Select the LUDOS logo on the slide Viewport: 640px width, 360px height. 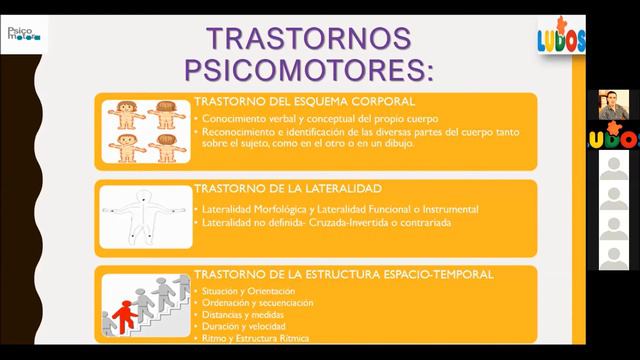pyautogui.click(x=561, y=38)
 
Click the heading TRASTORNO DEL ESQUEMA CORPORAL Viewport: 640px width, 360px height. pyautogui.click(x=290, y=102)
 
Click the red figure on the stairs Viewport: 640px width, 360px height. pyautogui.click(x=126, y=317)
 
